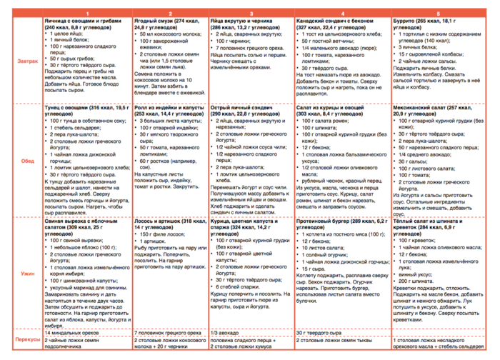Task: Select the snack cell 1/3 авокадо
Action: click(226, 333)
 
